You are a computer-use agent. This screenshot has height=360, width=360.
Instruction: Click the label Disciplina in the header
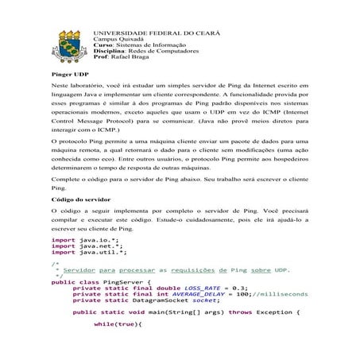point(112,51)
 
